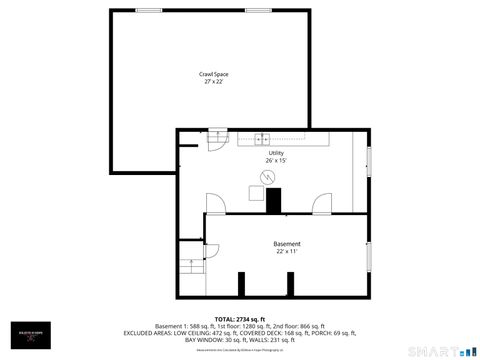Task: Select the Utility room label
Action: coord(276,153)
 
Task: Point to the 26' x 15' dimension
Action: coord(276,160)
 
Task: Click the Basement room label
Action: coord(287,244)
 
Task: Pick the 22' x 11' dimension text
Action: coord(287,251)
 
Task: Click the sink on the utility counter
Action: coord(261,138)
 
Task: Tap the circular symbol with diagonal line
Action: coord(267,176)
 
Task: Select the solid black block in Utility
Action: coord(274,198)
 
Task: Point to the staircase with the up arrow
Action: coord(191,267)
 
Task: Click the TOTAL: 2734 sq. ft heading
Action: coord(240,318)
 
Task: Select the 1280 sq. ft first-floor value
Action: coord(250,325)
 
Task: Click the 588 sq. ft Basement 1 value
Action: coord(201,325)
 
